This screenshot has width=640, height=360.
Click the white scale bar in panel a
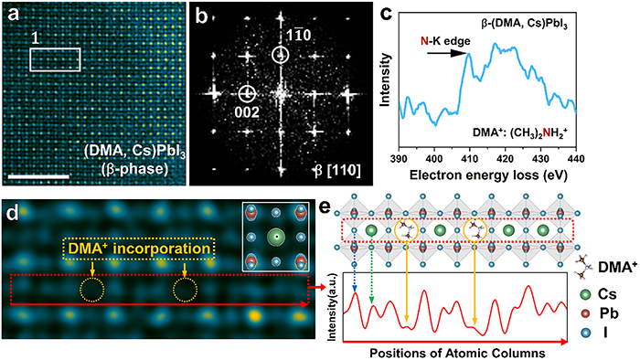[x=38, y=176]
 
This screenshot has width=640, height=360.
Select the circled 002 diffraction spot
[x=247, y=94]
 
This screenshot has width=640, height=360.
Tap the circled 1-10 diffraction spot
[x=281, y=55]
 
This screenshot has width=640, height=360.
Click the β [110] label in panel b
[x=337, y=171]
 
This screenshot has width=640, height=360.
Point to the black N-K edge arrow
[x=446, y=53]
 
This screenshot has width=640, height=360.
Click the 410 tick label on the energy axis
[x=469, y=159]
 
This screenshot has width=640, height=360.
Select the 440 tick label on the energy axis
[x=575, y=159]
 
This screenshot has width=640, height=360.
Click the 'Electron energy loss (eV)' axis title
[x=488, y=175]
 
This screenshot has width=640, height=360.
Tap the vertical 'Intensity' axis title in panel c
[x=385, y=79]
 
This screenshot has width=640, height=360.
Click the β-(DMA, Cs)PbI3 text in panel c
[x=524, y=25]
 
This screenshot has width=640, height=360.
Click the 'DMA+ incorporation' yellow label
[x=139, y=249]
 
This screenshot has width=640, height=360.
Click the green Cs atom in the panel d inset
[x=277, y=237]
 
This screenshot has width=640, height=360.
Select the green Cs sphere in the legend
[x=586, y=294]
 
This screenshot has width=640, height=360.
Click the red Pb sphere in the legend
[x=586, y=313]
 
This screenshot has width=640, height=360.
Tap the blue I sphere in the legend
[x=586, y=333]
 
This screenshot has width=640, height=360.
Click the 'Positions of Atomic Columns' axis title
[x=457, y=353]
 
